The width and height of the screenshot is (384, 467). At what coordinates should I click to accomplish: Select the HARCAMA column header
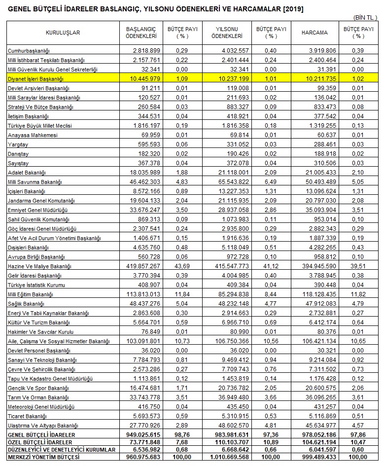coord(314,33)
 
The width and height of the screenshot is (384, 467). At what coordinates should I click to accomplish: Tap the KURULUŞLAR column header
coord(63,33)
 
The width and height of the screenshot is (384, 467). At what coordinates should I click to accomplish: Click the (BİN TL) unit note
coord(365,17)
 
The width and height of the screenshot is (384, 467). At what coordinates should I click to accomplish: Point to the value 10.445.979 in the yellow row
coord(145,79)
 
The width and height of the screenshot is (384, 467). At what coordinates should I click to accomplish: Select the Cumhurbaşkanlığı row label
coord(29,51)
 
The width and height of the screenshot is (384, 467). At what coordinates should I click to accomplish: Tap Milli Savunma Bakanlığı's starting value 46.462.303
coord(145,182)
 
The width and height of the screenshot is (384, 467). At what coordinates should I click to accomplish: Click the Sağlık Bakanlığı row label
coord(26,304)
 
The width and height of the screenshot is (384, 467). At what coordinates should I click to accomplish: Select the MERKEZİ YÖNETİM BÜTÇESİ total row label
coord(44,458)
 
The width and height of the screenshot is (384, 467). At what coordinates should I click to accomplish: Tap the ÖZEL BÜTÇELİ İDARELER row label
coord(40,442)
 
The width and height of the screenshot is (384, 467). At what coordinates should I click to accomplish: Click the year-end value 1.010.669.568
coord(231,458)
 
